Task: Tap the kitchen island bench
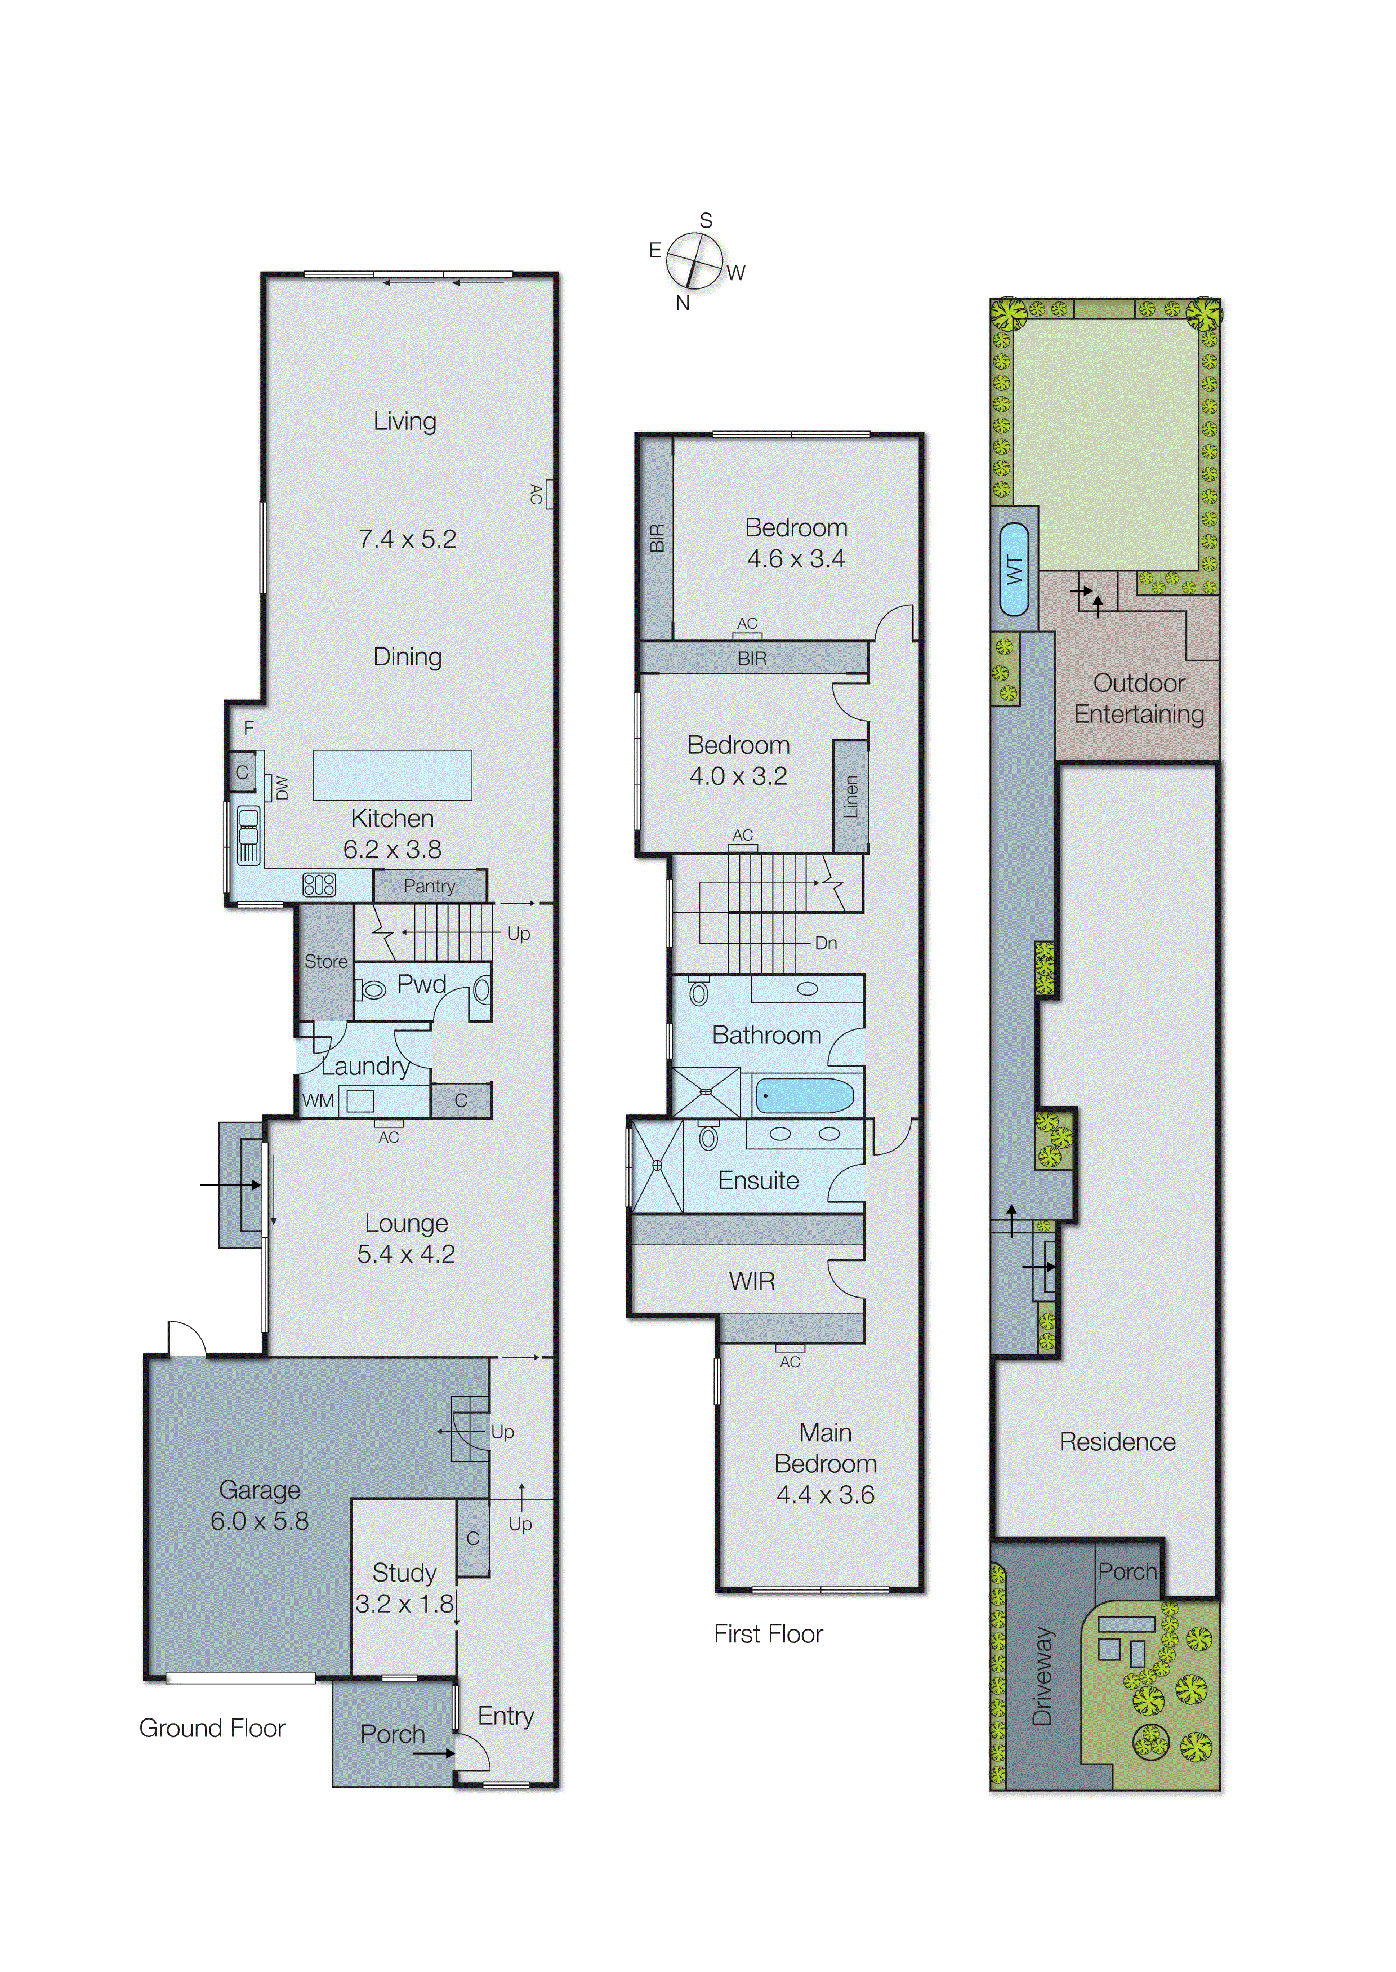392,774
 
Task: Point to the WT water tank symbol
1014,569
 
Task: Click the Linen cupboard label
850,796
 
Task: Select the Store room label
326,961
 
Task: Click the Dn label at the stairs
825,943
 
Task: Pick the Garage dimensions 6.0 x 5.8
260,1521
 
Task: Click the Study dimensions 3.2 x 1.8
404,1603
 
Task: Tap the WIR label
751,1281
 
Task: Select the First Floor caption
768,1634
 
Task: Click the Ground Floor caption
212,1728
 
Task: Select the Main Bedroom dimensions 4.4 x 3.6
824,1495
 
